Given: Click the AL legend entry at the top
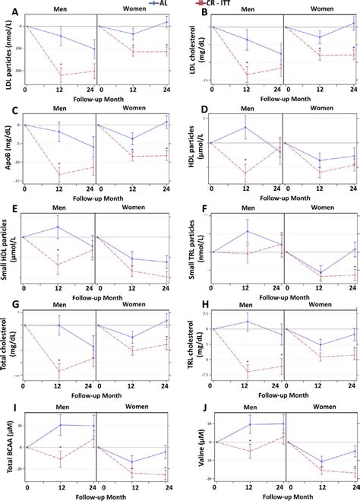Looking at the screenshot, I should (176, 3).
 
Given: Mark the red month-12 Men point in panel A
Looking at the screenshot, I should (60, 75).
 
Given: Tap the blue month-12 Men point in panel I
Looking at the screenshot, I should (60, 425).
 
